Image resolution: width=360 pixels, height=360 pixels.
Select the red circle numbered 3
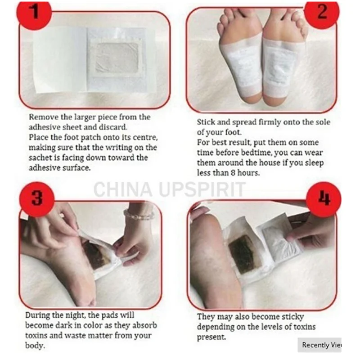37,198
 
